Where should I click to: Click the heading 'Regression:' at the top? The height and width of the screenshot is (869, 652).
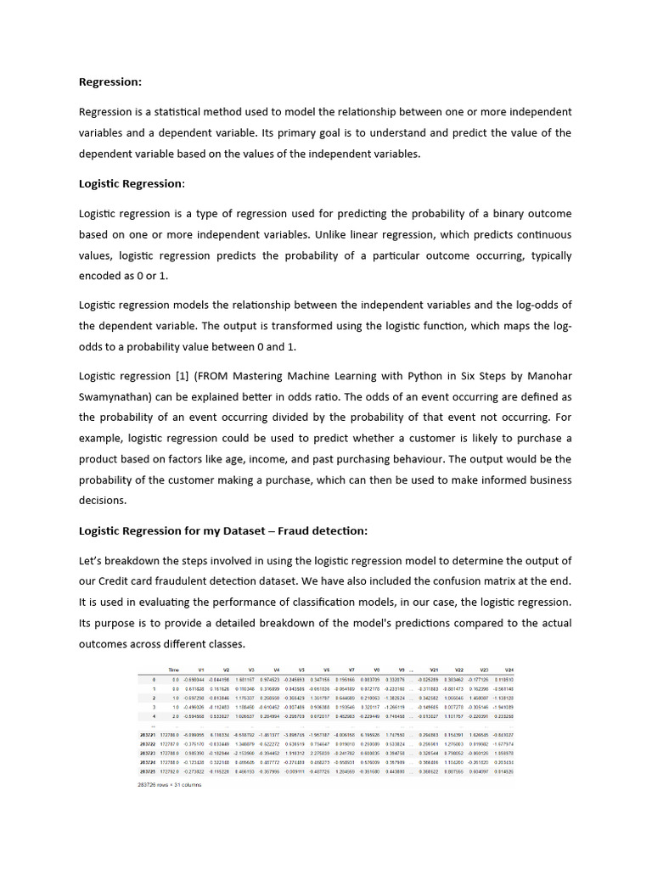coord(110,82)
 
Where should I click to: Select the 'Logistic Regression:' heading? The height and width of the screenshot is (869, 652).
coord(132,183)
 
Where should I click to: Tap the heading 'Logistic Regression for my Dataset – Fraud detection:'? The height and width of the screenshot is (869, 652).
coord(223,530)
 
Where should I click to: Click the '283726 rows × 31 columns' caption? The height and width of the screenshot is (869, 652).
coord(170,785)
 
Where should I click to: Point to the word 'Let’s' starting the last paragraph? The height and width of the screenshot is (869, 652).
coord(93,561)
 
